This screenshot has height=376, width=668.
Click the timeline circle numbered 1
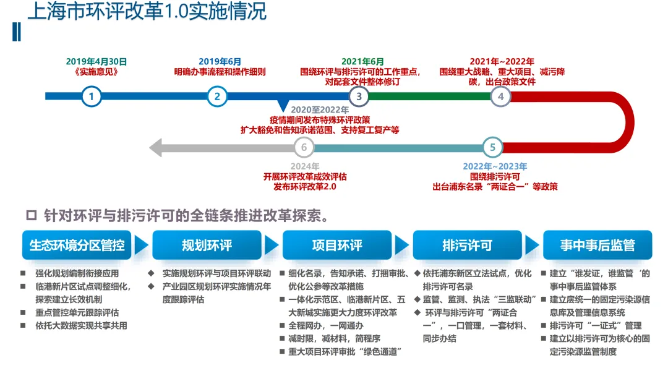[92, 96]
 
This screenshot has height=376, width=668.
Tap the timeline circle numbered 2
[217, 96]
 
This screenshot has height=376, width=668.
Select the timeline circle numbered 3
[359, 96]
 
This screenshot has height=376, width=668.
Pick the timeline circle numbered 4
[501, 96]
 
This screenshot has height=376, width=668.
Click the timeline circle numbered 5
[492, 147]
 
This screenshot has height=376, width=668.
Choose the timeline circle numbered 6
[304, 147]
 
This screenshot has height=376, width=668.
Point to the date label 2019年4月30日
[96, 61]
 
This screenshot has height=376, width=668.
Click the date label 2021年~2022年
[502, 61]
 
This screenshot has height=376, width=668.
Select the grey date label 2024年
[305, 166]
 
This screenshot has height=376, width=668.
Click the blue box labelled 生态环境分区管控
[77, 246]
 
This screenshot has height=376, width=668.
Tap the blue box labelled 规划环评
[207, 246]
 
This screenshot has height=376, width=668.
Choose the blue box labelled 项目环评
[337, 246]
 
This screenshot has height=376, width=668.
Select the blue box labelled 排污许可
[468, 246]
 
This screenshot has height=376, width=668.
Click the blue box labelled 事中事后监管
[597, 246]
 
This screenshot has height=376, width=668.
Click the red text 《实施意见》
[96, 72]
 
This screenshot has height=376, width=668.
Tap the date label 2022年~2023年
[495, 166]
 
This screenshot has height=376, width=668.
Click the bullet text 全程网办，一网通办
[326, 325]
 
